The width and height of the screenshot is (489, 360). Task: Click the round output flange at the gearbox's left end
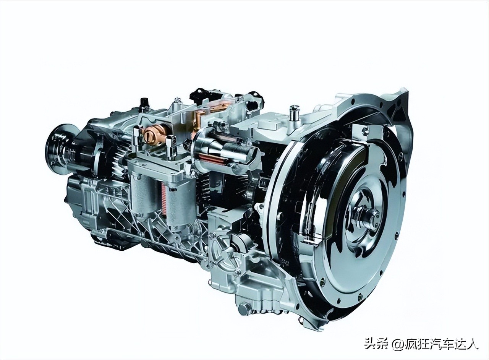coord(57,146)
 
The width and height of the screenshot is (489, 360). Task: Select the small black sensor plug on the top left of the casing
coord(144,102)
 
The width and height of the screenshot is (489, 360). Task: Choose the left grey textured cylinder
coord(144,195)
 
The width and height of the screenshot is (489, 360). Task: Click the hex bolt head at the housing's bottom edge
coord(244,308)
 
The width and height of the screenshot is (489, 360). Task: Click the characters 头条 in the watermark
coord(373,344)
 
